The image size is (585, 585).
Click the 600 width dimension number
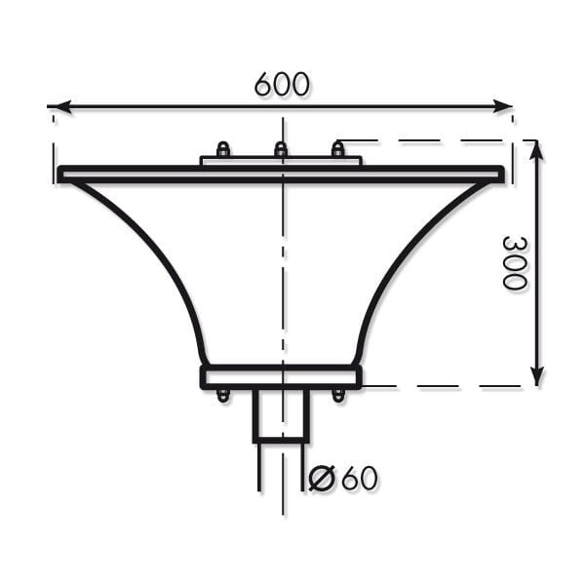(x=282, y=84)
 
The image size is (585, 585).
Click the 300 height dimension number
(x=515, y=262)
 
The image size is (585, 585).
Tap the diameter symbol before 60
(x=321, y=478)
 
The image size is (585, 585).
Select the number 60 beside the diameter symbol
(x=359, y=478)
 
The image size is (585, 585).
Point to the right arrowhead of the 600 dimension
(x=502, y=106)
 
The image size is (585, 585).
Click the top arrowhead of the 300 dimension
(x=536, y=150)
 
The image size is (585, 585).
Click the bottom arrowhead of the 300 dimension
(x=536, y=376)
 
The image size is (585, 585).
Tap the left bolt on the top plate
(x=223, y=149)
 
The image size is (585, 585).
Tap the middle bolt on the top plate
(x=281, y=149)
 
